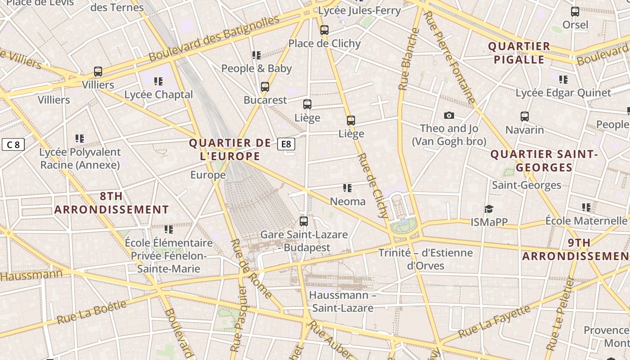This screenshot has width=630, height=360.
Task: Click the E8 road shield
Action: pos(286,144)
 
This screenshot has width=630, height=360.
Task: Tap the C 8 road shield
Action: pos(13,144)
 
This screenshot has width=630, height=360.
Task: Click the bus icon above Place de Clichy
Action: pos(324,30)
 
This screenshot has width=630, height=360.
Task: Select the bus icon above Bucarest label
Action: pos(265,86)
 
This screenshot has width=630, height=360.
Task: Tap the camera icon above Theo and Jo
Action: pos(449,116)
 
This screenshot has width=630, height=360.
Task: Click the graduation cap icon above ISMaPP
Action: pos(489,209)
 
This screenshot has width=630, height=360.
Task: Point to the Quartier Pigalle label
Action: pos(519,53)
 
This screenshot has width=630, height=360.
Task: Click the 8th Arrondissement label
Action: pos(111,203)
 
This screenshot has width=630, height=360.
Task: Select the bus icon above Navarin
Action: pos(524,117)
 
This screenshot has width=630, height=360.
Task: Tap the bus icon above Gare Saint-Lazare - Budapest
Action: pos(304,221)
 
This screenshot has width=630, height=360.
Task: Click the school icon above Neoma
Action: pos(347,188)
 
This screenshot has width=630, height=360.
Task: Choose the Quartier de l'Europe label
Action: pos(230,149)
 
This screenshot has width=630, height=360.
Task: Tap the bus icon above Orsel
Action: pos(575,12)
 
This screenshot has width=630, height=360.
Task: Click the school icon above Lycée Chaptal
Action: pos(158,81)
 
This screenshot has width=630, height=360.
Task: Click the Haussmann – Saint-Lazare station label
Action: pos(343,301)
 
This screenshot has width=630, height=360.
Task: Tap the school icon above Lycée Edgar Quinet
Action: pos(563,80)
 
